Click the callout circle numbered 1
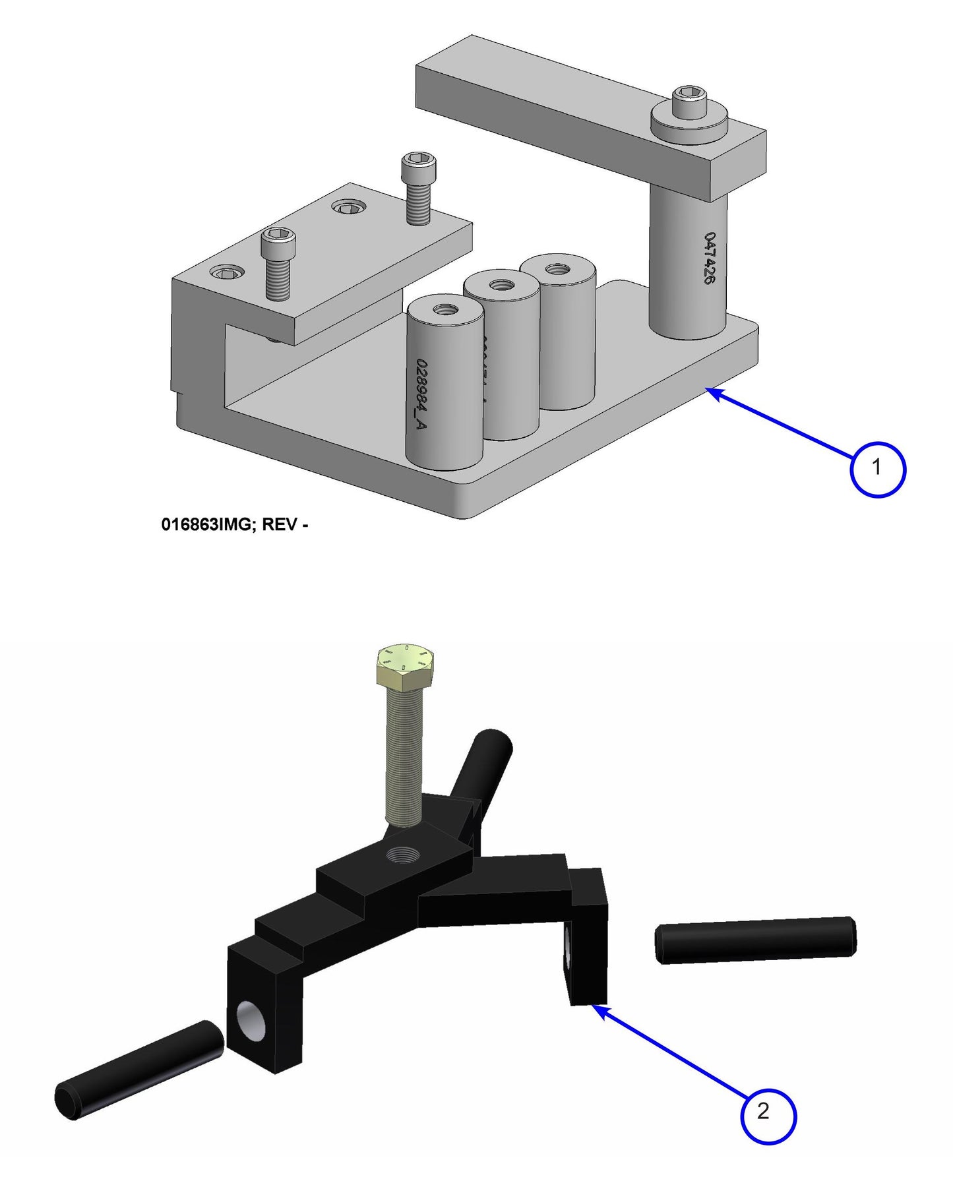pos(877,468)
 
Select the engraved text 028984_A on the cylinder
pos(421,394)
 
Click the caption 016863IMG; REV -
pos(234,525)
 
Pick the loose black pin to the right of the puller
pos(756,939)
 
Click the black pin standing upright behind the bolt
pos(487,766)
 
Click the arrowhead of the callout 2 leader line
pos(598,1009)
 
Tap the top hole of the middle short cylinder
pos(503,286)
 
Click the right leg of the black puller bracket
pos(588,943)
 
